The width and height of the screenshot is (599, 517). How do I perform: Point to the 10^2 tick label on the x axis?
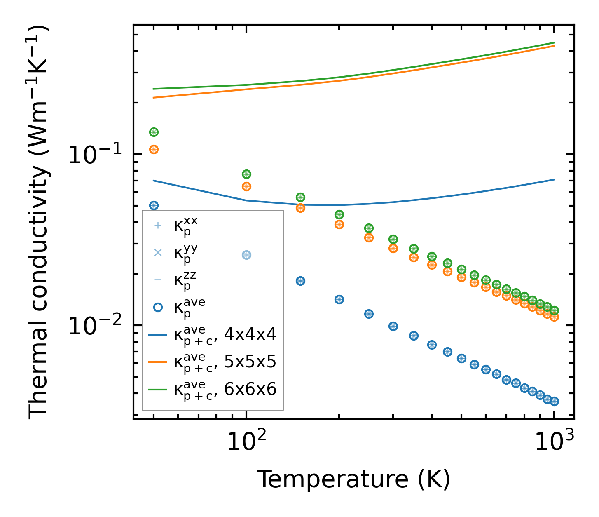(x=246, y=442)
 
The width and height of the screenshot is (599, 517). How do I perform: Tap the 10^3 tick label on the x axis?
(x=554, y=442)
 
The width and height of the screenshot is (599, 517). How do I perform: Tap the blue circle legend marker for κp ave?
(x=158, y=307)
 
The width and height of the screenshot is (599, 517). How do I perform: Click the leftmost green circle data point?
(x=154, y=132)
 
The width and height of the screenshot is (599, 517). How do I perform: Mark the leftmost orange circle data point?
(x=154, y=149)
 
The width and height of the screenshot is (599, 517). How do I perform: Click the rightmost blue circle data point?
(x=554, y=401)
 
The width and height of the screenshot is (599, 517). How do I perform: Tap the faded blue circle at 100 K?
(x=246, y=255)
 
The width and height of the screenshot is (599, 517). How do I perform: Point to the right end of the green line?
(x=554, y=42)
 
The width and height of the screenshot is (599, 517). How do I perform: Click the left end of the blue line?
(x=154, y=181)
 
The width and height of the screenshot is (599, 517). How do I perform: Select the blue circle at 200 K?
(x=339, y=299)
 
